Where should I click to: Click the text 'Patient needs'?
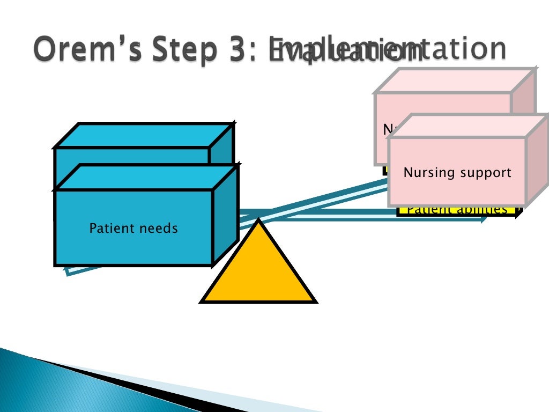(x=133, y=229)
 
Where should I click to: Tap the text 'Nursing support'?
(x=457, y=173)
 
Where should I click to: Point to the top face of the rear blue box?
(x=145, y=135)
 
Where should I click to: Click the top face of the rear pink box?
(x=456, y=80)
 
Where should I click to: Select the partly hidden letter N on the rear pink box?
(x=387, y=129)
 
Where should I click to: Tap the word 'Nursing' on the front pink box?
(x=428, y=173)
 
